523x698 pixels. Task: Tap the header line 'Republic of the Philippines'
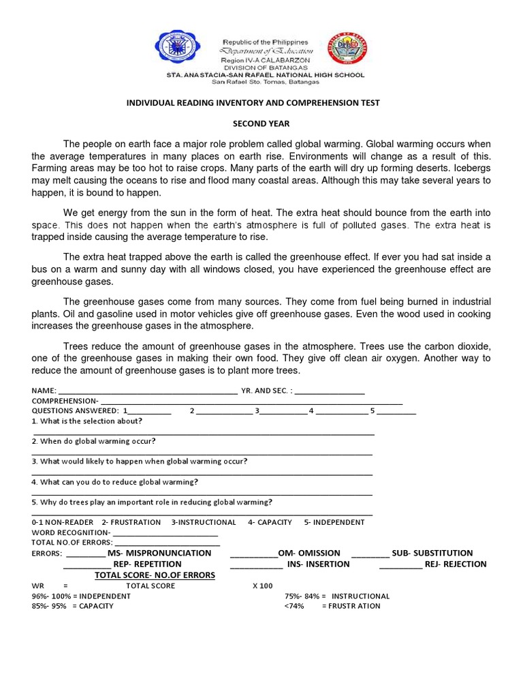point(266,42)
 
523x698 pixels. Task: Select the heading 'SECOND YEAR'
point(261,124)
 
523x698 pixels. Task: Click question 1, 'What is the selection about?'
point(87,421)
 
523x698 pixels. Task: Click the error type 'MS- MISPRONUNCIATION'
point(159,553)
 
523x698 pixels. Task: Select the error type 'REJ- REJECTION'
point(456,564)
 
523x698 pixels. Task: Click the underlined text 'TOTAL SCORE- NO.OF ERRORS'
point(155,575)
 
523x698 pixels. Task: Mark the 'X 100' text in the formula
point(262,586)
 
